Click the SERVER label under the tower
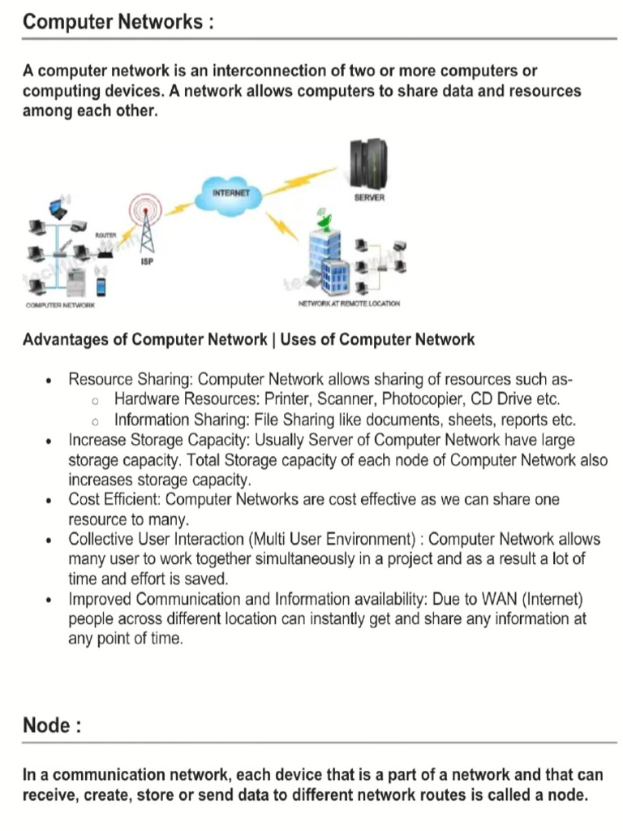click(369, 198)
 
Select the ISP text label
click(147, 262)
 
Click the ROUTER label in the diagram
click(106, 235)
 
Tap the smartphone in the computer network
click(101, 286)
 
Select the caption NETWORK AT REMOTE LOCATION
click(349, 304)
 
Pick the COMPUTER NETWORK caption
click(60, 304)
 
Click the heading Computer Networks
click(118, 22)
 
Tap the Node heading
click(52, 726)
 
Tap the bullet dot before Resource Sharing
click(51, 380)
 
